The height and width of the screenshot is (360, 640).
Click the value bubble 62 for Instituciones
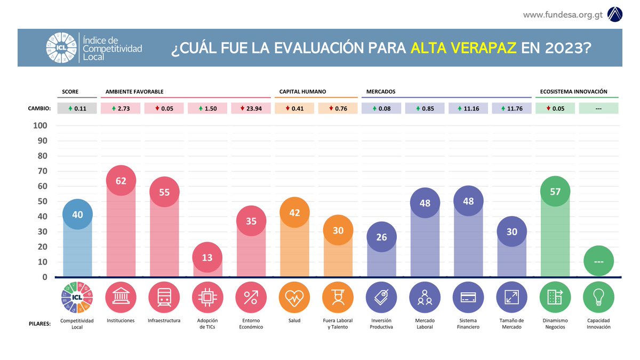point(121,181)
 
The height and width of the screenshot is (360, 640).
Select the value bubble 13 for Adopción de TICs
point(207,258)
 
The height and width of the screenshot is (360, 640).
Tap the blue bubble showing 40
point(77,214)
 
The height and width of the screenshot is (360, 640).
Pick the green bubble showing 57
point(555,191)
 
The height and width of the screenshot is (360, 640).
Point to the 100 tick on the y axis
point(41,126)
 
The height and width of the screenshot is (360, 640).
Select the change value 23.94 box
point(251,108)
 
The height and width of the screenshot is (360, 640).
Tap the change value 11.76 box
point(511,108)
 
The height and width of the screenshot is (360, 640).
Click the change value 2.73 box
point(121,108)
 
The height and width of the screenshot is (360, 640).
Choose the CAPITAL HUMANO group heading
point(302,92)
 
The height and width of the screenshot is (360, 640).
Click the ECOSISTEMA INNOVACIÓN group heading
point(573,92)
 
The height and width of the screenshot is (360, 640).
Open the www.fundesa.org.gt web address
point(563,14)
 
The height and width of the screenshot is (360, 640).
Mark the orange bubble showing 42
point(294,213)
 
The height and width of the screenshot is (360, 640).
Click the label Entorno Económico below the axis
point(251,324)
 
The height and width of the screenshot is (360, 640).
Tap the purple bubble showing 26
point(381,237)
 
